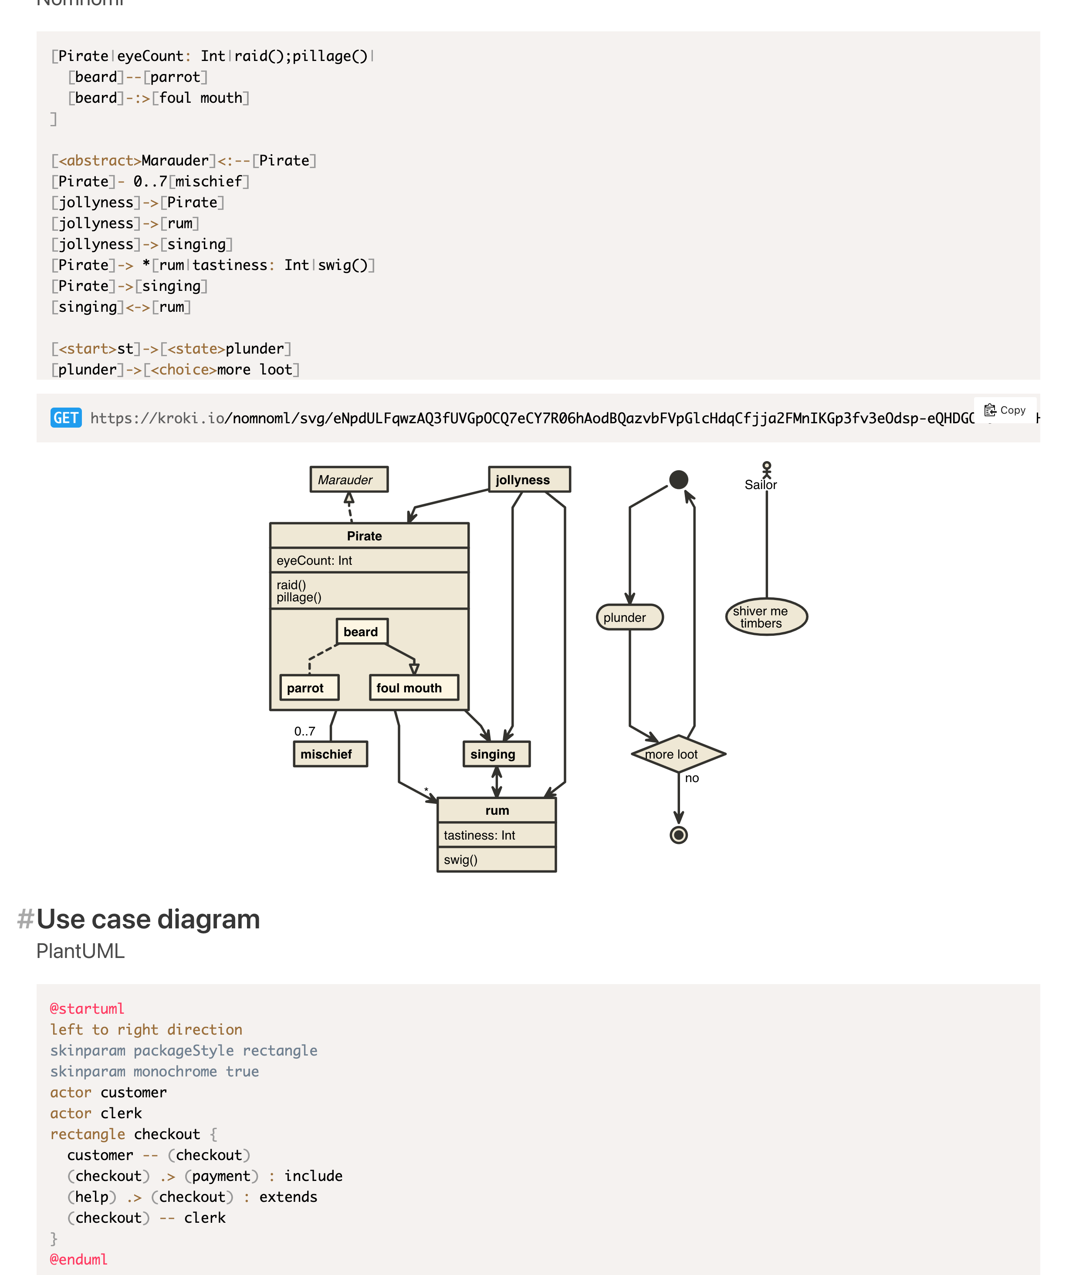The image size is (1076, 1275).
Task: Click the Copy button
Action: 1005,410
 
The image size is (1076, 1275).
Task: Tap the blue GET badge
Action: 66,418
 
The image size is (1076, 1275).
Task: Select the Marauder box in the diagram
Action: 349,480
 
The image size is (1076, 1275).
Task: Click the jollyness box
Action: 529,480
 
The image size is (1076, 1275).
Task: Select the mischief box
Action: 330,754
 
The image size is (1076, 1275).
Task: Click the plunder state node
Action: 629,617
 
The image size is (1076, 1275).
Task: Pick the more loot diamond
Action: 678,754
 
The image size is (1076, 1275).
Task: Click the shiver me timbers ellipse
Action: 766,617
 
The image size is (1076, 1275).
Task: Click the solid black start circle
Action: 678,480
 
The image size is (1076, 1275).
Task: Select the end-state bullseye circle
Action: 678,835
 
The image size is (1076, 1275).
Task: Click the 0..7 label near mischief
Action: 305,731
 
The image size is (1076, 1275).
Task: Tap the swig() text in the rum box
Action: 460,860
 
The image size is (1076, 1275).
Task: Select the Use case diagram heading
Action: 148,919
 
